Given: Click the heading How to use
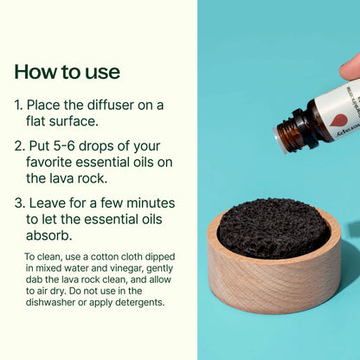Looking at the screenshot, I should pyautogui.click(x=67, y=71).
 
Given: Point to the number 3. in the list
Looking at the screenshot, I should pyautogui.click(x=19, y=203).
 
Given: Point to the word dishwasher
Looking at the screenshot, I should pyautogui.click(x=58, y=303).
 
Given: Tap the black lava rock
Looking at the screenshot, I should pyautogui.click(x=272, y=227).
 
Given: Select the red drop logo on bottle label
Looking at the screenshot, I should pyautogui.click(x=339, y=120).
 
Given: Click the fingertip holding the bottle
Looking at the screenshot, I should pyautogui.click(x=350, y=66).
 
